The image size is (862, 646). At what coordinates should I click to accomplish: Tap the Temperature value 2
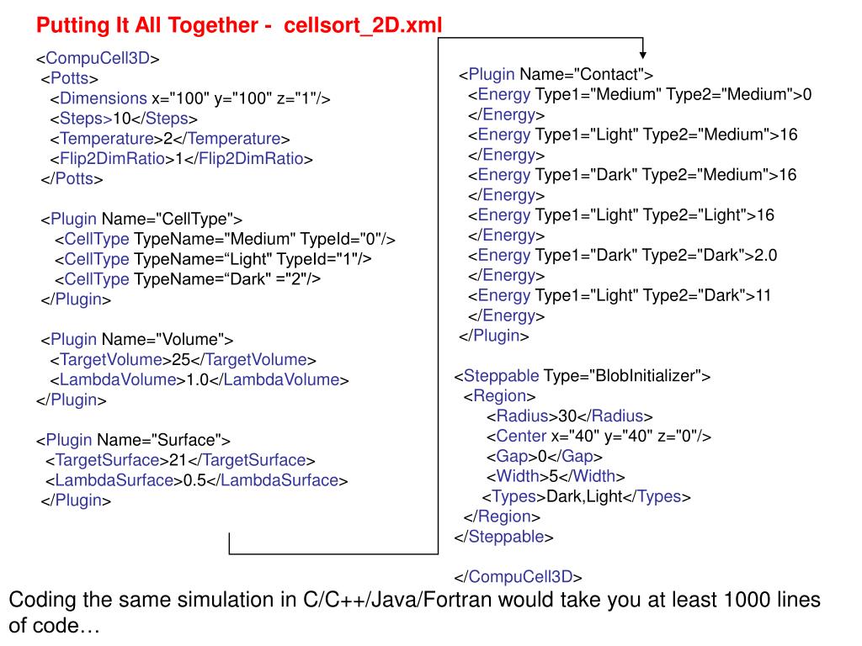coord(168,139)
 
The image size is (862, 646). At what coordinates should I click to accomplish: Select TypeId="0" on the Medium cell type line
coord(346,240)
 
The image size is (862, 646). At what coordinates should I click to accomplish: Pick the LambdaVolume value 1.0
coord(197,380)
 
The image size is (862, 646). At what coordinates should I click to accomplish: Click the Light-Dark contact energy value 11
coord(763,295)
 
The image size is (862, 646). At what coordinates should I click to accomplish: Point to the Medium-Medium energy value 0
coord(806,94)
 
